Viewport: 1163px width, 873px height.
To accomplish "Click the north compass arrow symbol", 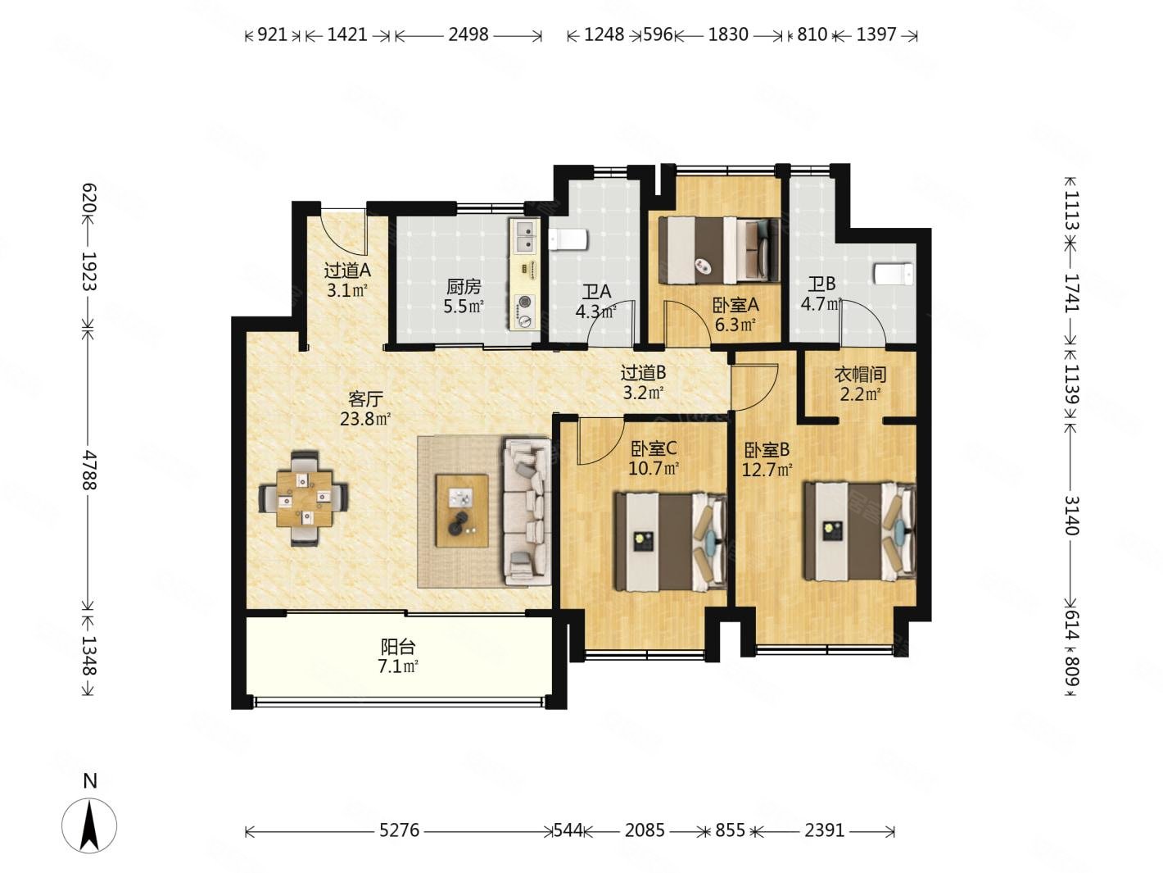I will pyautogui.click(x=89, y=825).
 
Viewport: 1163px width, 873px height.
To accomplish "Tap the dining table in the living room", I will pyautogui.click(x=304, y=498).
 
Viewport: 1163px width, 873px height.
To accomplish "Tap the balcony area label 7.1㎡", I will pyautogui.click(x=398, y=666).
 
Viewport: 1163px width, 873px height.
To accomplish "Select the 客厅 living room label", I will pyautogui.click(x=365, y=399).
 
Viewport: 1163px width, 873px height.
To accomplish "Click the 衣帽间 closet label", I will pyautogui.click(x=859, y=375).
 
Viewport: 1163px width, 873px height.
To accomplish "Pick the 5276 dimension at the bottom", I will pyautogui.click(x=399, y=830).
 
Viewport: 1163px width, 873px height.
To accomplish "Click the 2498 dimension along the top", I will pyautogui.click(x=468, y=34).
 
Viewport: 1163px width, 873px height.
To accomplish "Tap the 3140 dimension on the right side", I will pyautogui.click(x=1071, y=514).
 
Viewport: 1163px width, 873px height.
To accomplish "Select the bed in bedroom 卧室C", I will pyautogui.click(x=671, y=542).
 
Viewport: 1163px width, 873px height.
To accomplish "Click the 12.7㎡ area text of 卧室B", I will pyautogui.click(x=767, y=471).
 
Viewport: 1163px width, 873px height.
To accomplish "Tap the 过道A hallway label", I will pyautogui.click(x=347, y=270).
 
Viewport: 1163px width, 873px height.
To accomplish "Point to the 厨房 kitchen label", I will pyautogui.click(x=463, y=287).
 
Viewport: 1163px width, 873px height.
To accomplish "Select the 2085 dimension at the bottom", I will pyautogui.click(x=645, y=830).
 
